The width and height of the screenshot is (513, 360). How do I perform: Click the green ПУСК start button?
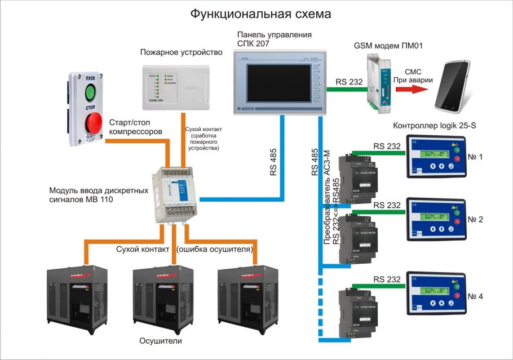tap(91, 90)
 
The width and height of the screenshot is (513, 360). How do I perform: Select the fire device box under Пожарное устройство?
tap(175, 87)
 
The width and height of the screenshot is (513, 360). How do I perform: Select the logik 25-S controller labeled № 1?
tap(436, 158)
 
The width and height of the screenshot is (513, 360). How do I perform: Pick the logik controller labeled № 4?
tap(436, 296)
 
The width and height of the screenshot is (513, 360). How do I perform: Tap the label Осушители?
tap(161, 342)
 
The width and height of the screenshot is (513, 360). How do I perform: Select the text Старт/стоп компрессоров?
tap(136, 127)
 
